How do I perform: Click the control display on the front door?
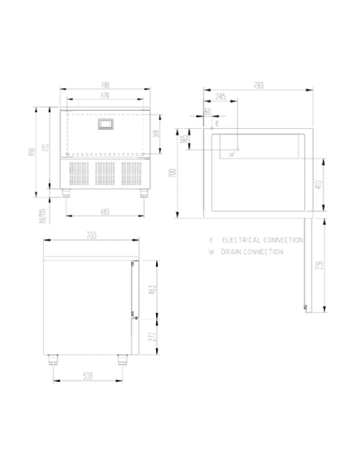coord(106,124)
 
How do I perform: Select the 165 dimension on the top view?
coord(186,139)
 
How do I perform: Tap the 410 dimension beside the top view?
coord(317,185)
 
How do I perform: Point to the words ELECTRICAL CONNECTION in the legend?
coord(264,240)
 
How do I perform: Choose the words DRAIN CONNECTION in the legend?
coord(253,252)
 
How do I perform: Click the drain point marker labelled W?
coord(237,149)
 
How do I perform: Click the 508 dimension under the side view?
coord(88,376)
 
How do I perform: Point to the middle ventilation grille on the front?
coord(105,175)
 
